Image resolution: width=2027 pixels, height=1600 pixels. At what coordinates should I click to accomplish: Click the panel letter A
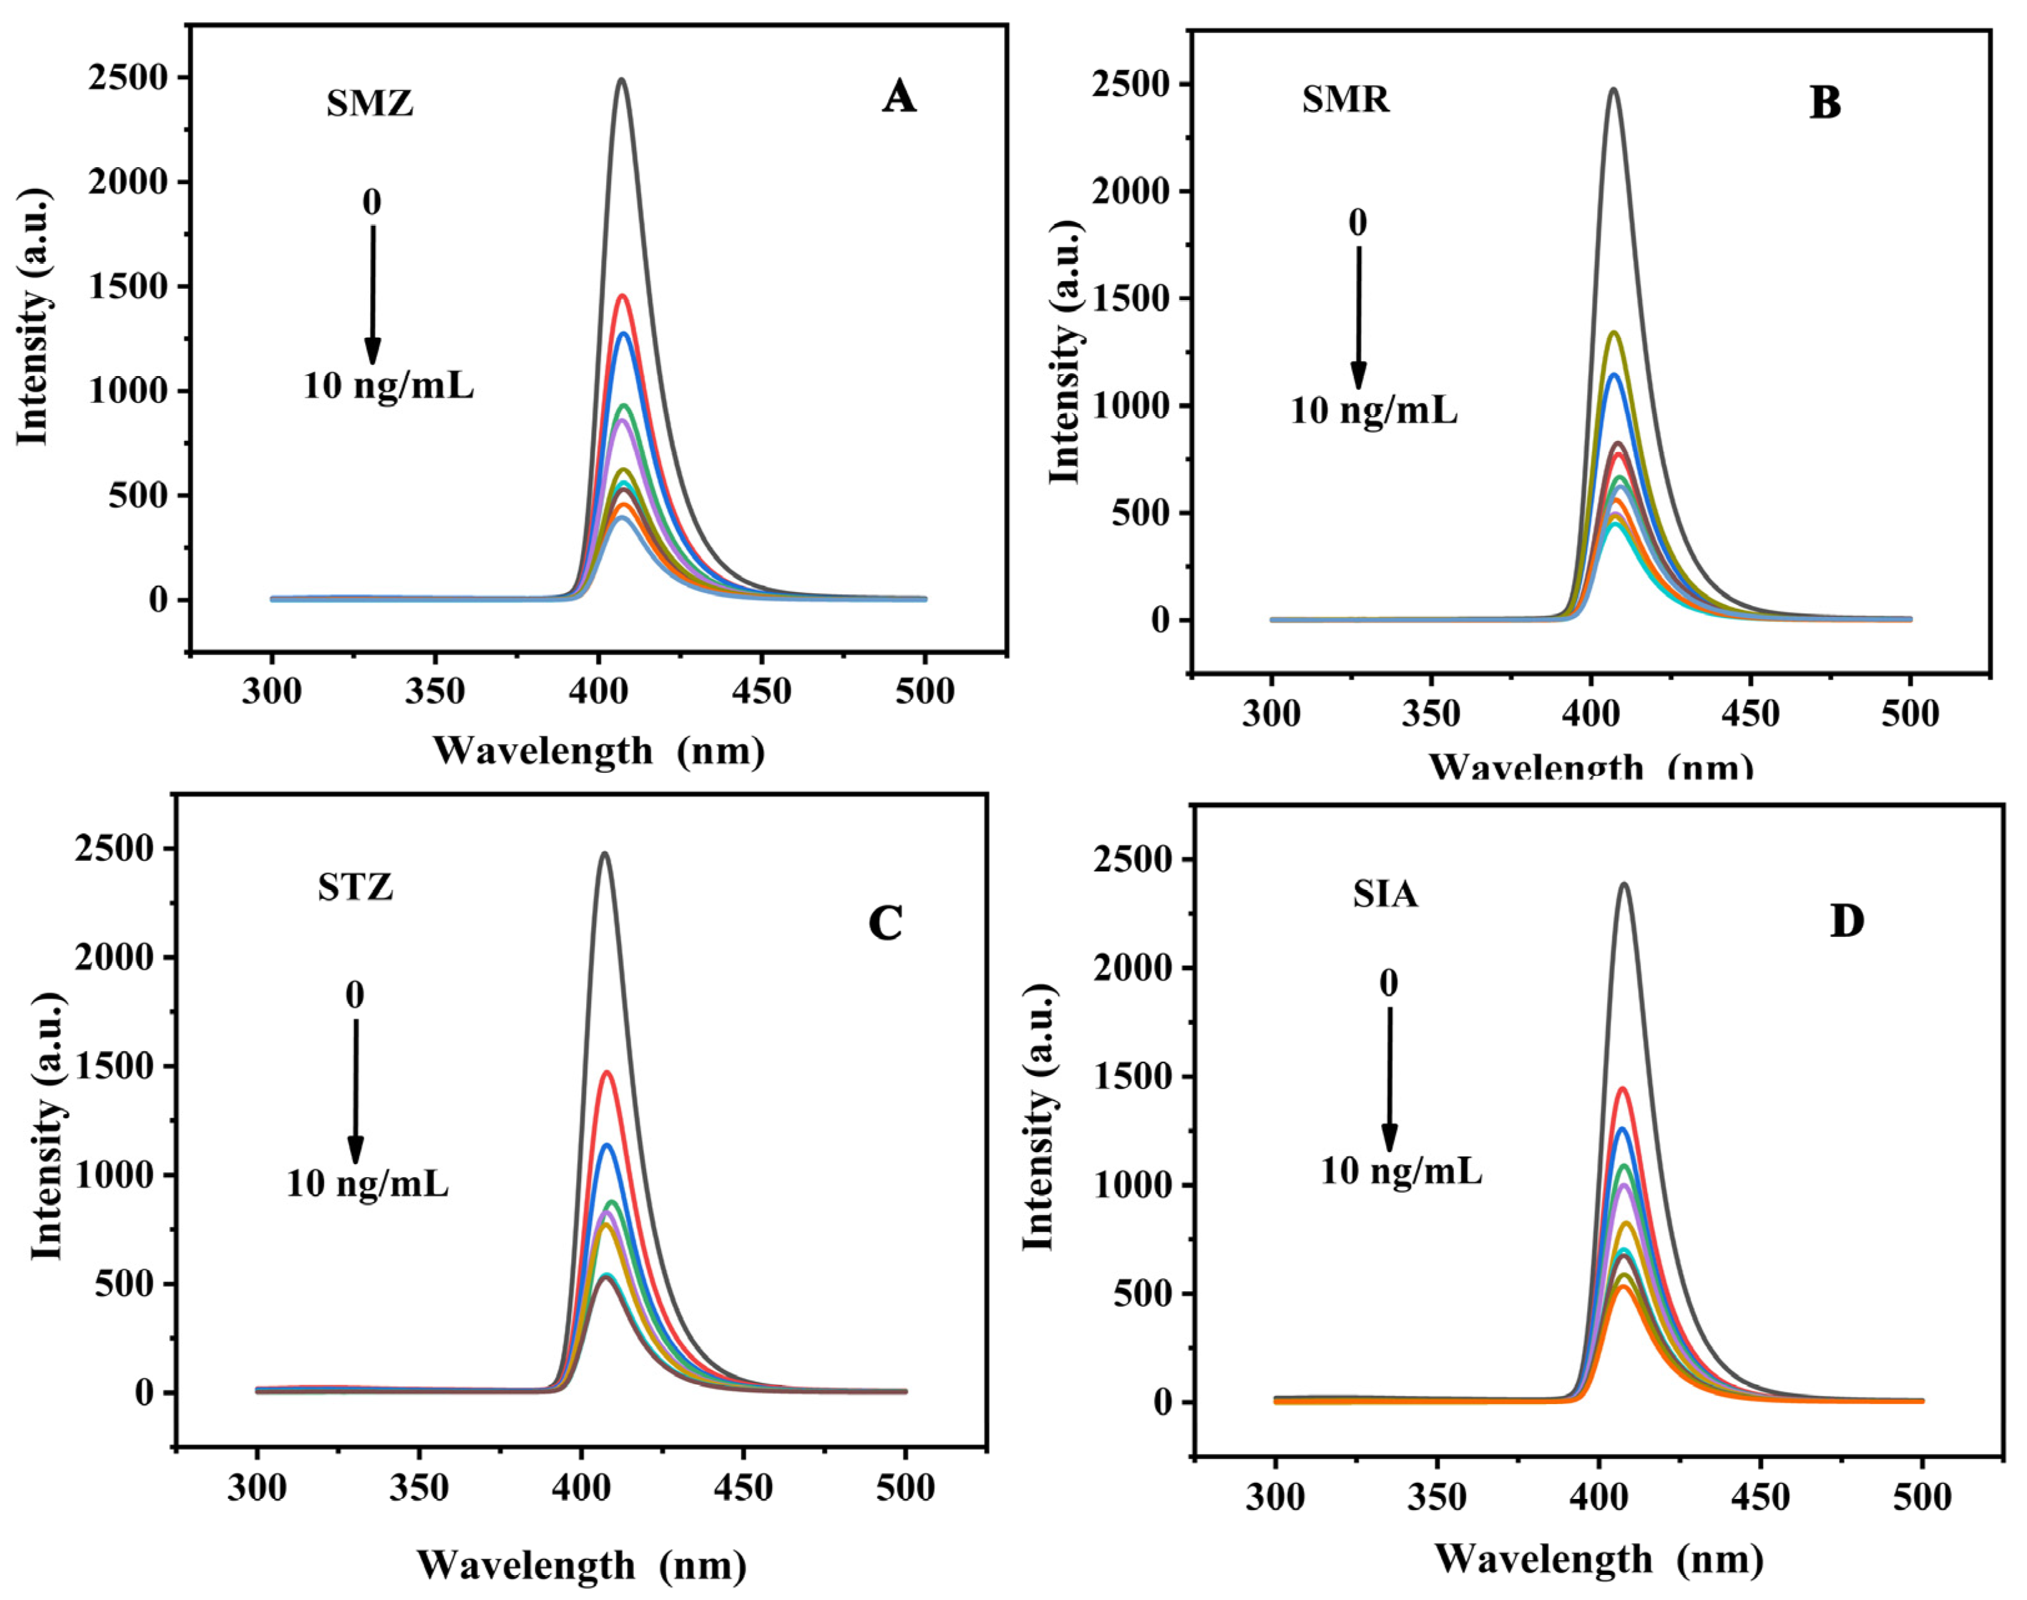tap(898, 97)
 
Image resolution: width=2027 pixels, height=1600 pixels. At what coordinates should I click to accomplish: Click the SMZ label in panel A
tap(369, 103)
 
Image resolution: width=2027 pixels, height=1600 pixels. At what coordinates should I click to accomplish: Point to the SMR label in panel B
tap(1345, 99)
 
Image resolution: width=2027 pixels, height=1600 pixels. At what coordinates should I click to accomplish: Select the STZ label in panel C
tap(354, 887)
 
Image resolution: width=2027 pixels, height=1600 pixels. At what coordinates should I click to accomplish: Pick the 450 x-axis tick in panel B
tap(1750, 715)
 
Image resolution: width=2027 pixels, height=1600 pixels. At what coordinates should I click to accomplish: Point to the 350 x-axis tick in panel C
tap(418, 1488)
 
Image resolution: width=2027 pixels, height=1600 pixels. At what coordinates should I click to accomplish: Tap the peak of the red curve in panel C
tap(607, 1073)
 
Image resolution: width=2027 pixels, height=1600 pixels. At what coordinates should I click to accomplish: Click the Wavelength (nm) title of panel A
tap(598, 751)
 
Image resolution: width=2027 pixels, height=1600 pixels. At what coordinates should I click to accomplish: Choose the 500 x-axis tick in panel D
tap(1921, 1497)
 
